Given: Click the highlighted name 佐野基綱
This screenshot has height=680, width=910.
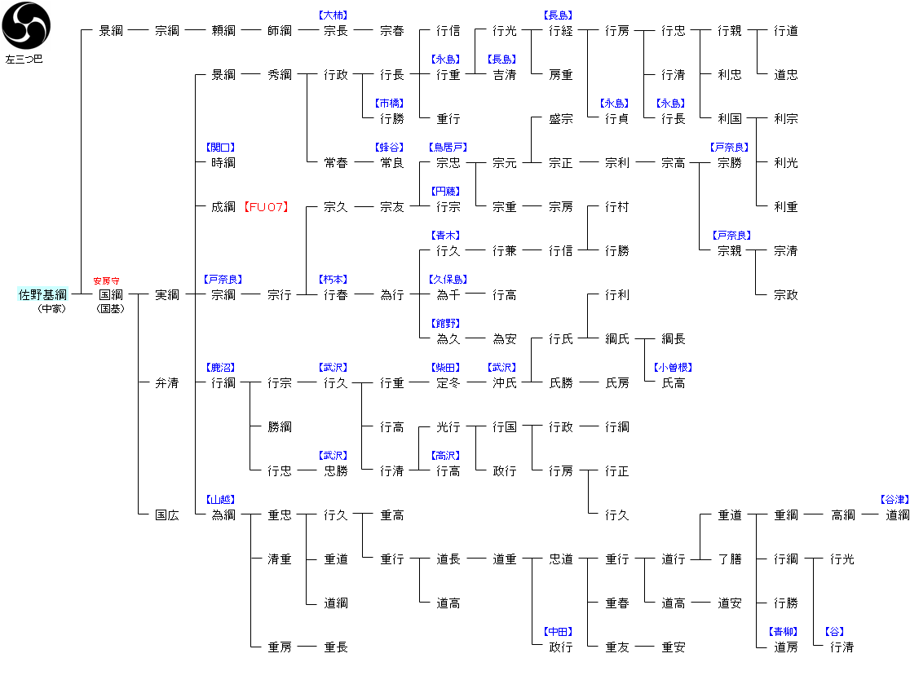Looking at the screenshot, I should click(x=43, y=294).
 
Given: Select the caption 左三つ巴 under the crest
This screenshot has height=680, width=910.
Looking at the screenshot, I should click(x=24, y=60).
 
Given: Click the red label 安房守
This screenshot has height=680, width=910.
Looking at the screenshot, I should click(x=106, y=280).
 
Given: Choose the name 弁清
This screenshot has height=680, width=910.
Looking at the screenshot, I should click(x=166, y=382).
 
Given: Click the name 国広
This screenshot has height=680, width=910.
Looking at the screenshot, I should click(x=166, y=514).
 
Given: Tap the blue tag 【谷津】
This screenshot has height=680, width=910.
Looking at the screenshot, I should click(x=895, y=499).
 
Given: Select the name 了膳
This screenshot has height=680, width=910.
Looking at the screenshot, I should click(x=729, y=559).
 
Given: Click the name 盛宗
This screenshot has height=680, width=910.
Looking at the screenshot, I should click(x=560, y=118).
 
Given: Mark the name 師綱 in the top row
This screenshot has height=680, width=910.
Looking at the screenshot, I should click(x=279, y=30).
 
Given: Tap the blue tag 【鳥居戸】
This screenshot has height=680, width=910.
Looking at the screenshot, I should click(x=448, y=148).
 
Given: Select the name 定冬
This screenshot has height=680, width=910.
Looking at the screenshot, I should click(x=448, y=382).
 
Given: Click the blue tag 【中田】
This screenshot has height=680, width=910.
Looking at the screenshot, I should click(x=559, y=632).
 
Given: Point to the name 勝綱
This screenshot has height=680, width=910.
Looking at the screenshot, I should click(x=279, y=426).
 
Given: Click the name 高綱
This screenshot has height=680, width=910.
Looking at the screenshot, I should click(x=842, y=514).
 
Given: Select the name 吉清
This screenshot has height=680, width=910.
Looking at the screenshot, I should click(x=504, y=74).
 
